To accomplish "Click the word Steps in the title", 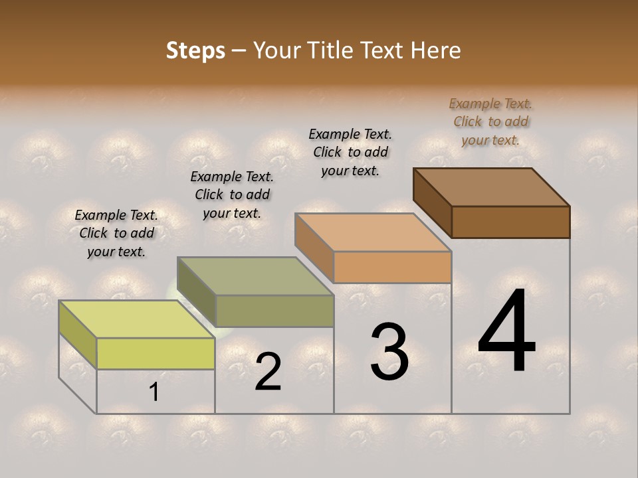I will (x=195, y=50).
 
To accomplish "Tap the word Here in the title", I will (x=436, y=50).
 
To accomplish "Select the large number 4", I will (x=506, y=331).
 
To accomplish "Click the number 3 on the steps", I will (x=389, y=352).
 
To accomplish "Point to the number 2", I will (x=268, y=371).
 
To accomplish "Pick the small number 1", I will (x=154, y=392).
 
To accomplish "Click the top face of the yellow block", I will (x=136, y=319).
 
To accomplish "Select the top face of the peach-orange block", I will (x=373, y=232).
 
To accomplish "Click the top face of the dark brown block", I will (x=491, y=187).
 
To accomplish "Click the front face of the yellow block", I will (x=156, y=353).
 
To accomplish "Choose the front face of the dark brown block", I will (x=510, y=222).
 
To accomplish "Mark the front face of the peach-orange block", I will (x=392, y=267).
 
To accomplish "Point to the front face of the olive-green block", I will (x=274, y=311).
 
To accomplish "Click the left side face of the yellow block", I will (x=78, y=334).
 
